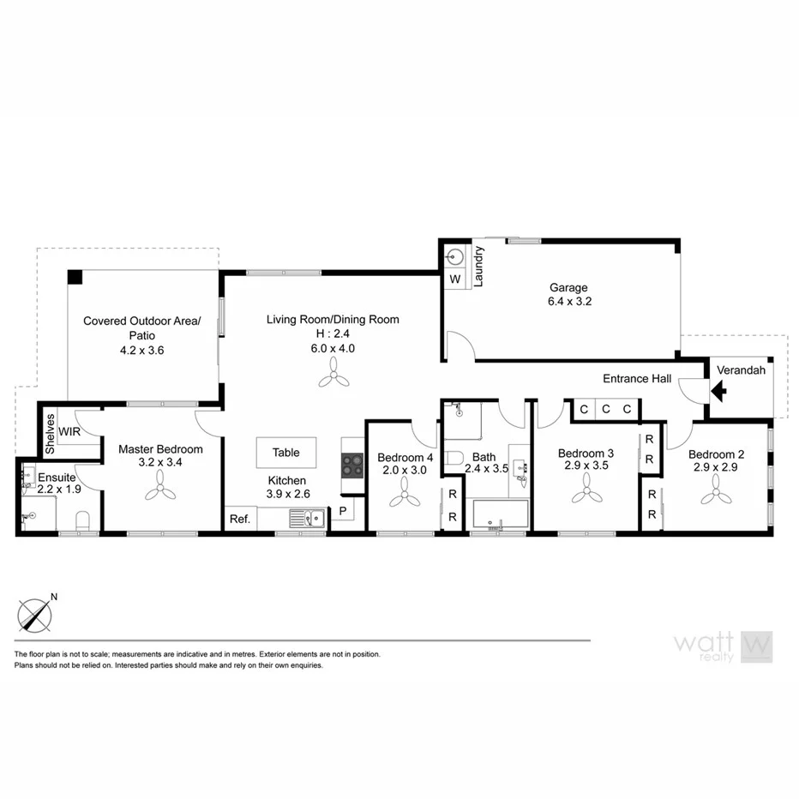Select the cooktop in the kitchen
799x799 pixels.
click(x=352, y=466)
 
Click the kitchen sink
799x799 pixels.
click(x=306, y=517)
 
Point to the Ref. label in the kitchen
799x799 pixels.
click(x=239, y=519)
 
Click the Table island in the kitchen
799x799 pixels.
click(x=285, y=453)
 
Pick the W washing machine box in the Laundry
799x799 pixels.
click(x=454, y=279)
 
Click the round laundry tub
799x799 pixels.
click(x=454, y=255)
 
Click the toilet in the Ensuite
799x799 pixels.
click(x=83, y=520)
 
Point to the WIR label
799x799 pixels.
click(x=70, y=431)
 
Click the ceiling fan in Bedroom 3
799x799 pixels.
click(x=587, y=492)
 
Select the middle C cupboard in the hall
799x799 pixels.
click(x=605, y=409)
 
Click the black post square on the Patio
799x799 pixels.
click(x=75, y=278)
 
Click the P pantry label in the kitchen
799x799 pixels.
click(x=342, y=512)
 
